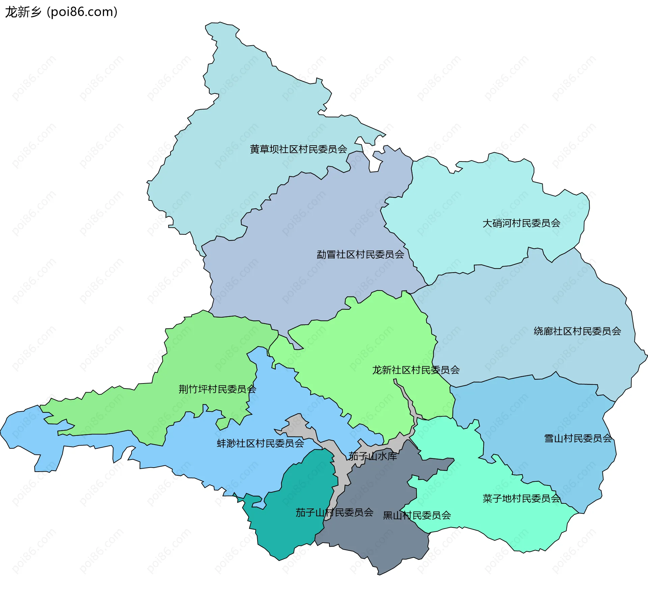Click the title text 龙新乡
(23, 12)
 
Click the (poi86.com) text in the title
(82, 12)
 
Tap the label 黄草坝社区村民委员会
(298, 149)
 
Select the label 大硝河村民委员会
(521, 223)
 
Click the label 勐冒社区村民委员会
(360, 254)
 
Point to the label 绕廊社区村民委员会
(577, 331)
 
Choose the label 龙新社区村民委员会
(415, 370)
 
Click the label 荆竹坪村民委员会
(217, 389)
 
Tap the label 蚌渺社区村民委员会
(260, 443)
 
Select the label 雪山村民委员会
(578, 439)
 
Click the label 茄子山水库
(373, 456)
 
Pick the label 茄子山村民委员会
(334, 513)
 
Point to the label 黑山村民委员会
(417, 515)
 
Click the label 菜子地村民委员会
(521, 498)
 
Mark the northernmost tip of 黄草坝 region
(219, 23)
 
